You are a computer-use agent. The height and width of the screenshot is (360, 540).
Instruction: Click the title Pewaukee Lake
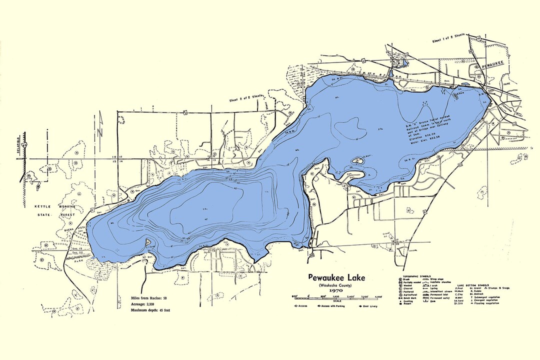336,277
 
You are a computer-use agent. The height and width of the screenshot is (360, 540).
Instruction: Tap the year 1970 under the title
336,290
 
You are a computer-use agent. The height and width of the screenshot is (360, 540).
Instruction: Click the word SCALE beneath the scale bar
336,300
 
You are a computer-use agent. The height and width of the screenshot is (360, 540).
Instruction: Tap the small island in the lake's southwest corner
148,242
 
